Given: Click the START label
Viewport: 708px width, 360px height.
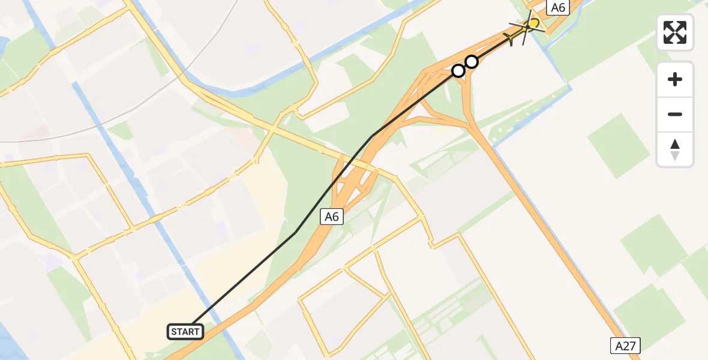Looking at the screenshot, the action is (185, 331).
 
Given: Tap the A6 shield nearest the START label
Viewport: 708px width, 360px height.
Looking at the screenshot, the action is (332, 217).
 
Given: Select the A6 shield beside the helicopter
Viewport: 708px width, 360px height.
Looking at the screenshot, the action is (558, 8).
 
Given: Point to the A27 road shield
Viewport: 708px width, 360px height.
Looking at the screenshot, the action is (625, 346).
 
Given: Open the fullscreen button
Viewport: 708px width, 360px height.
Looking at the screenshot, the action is (675, 32).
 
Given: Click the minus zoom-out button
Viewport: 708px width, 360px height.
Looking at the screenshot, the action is (675, 114).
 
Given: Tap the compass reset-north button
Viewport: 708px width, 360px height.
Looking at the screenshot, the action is (675, 149).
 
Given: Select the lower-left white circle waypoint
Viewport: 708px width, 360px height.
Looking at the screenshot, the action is (458, 71).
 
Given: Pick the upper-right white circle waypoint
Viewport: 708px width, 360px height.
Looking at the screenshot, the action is (472, 61).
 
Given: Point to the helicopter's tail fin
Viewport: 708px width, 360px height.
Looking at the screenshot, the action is (511, 39).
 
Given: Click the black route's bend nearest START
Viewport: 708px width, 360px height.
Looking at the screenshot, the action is (295, 232).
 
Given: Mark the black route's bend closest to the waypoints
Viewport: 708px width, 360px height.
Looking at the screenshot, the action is (373, 136).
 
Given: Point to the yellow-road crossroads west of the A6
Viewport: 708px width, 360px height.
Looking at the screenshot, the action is (273, 129).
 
